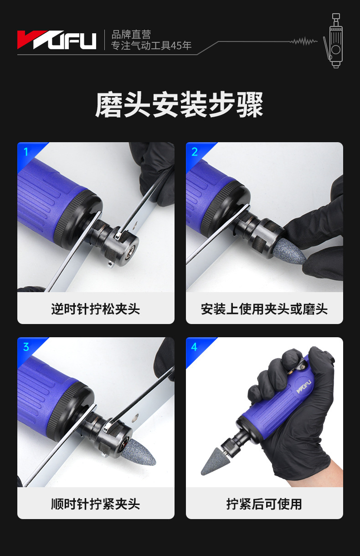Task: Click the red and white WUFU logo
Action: point(57,40)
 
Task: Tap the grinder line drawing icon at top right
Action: point(333,41)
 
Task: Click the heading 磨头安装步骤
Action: point(179,104)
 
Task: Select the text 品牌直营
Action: point(131,35)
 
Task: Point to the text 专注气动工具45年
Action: point(151,46)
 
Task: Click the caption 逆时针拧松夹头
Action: point(96,309)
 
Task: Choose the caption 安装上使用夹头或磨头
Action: point(264,309)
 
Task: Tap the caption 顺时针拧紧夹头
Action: point(96,504)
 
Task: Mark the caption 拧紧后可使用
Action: point(264,504)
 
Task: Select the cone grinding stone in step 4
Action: point(213,462)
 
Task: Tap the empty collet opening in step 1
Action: point(129,252)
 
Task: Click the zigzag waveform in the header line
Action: point(303,41)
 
